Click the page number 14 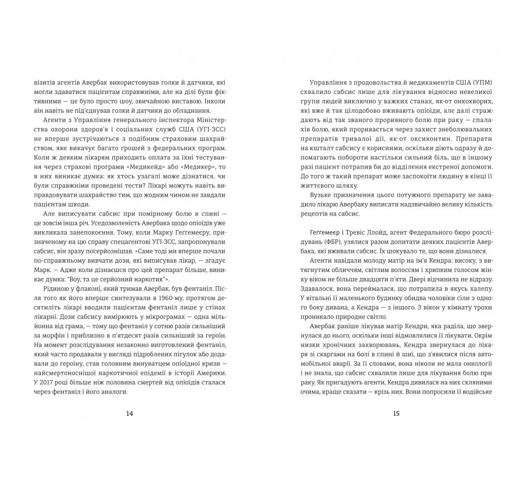coord(129,413)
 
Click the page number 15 coord(396,413)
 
